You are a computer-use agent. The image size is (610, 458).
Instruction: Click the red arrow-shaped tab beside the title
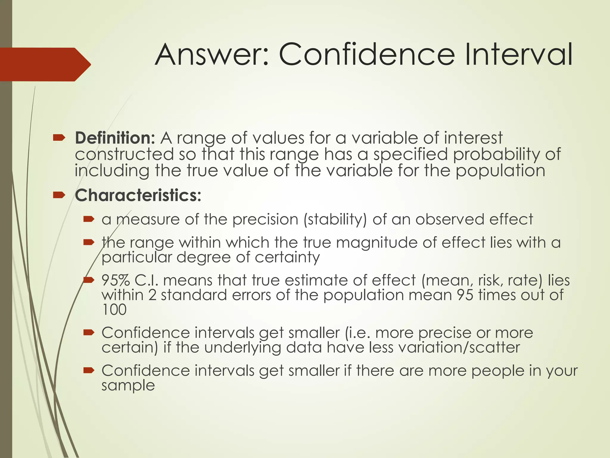click(45, 64)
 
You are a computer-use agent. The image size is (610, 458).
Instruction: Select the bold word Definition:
click(115, 138)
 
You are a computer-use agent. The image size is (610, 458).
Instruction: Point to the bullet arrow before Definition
click(59, 138)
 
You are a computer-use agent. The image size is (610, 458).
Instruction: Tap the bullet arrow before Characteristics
click(59, 195)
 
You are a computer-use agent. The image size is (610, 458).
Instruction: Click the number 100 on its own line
click(114, 310)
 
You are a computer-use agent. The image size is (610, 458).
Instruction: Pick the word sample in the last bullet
click(128, 385)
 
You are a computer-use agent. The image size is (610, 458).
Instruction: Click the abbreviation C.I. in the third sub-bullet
click(146, 281)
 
